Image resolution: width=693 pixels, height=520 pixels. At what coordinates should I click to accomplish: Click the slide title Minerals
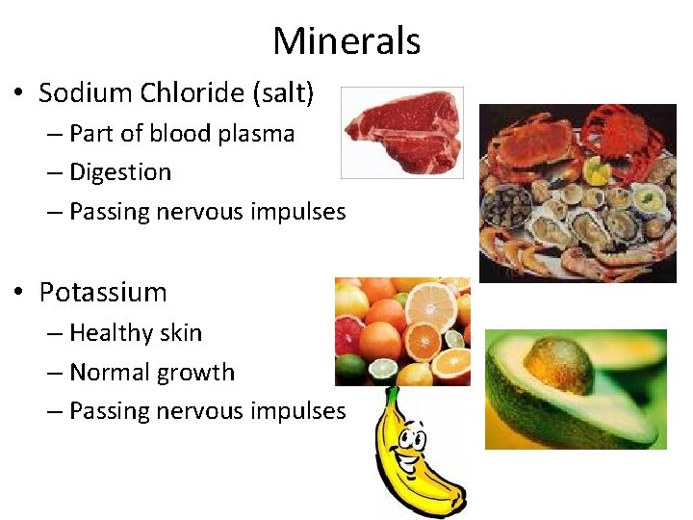[x=346, y=41]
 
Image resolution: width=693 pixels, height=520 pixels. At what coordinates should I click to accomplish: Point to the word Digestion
[x=120, y=173]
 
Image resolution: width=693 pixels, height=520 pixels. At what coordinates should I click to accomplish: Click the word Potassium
[x=103, y=292]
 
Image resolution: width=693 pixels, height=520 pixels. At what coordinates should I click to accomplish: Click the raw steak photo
[x=401, y=132]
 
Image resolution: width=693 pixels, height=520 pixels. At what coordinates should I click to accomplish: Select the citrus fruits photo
[x=401, y=331]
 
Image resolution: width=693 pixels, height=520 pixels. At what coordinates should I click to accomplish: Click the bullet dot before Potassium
[x=19, y=293]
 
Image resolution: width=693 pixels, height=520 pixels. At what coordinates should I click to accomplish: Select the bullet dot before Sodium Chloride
[x=19, y=94]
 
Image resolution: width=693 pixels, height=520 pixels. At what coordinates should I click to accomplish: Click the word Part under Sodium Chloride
[x=88, y=134]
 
